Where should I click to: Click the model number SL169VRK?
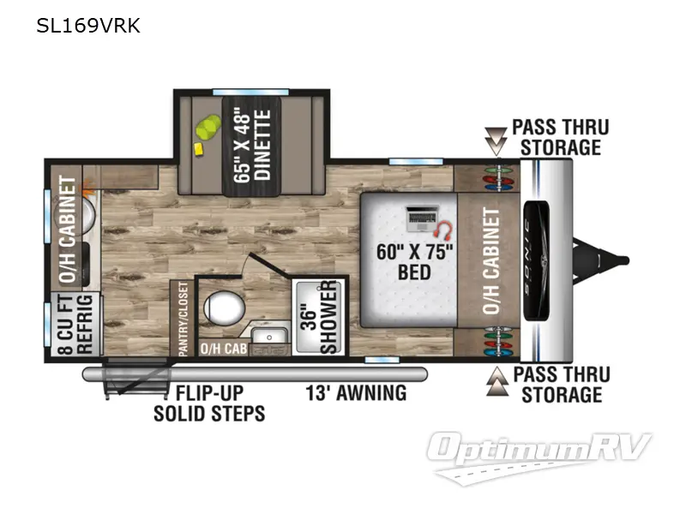[88, 26]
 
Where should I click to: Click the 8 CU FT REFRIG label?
[75, 325]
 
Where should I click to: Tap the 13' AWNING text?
[356, 393]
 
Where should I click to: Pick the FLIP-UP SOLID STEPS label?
[209, 403]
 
